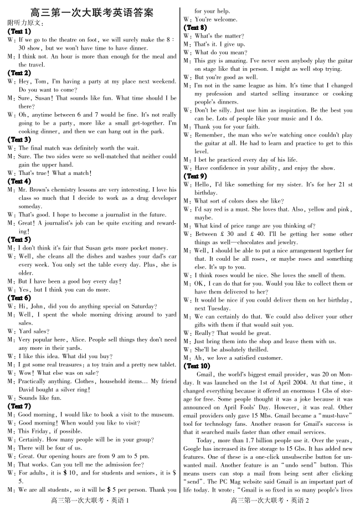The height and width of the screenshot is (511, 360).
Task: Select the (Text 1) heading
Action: (x=19, y=32)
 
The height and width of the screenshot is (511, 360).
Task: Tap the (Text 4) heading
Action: (x=19, y=181)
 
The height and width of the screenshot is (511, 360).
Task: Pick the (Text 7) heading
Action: (x=19, y=406)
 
